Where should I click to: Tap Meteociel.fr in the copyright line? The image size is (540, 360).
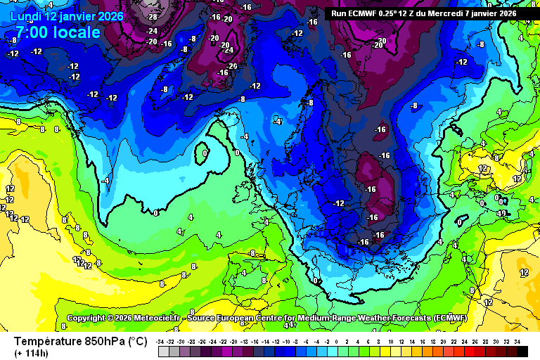click(x=159, y=318)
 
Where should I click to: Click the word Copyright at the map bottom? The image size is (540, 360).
click(x=87, y=318)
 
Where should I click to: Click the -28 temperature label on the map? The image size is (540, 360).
click(x=152, y=16)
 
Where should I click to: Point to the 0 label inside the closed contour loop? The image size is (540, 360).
click(x=204, y=153)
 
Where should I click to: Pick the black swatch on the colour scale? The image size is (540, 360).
click(x=522, y=350)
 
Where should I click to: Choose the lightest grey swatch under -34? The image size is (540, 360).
click(x=162, y=350)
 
